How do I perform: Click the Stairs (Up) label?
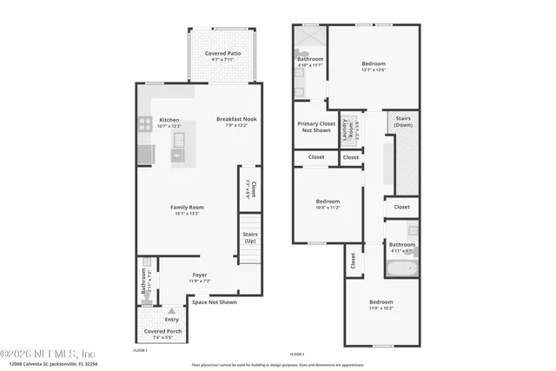coord(249,236)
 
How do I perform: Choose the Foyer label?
coord(200,277)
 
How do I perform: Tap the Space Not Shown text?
coord(214,302)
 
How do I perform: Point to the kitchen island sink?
coord(179,140)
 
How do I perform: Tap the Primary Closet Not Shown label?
coord(316,127)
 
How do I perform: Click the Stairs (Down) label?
coord(403,122)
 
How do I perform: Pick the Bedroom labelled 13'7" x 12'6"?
coord(374,67)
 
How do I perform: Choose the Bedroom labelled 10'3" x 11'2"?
coord(329,205)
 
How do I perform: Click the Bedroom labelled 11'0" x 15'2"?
coord(381,305)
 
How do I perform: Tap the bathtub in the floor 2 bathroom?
coord(401,269)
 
